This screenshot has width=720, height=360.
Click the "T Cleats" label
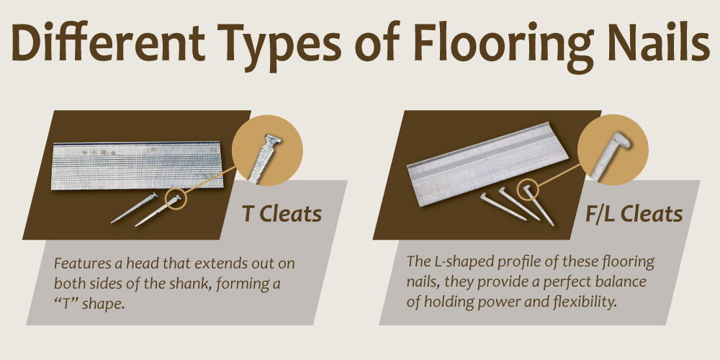click(x=282, y=214)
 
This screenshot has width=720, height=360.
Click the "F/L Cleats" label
click(x=632, y=215)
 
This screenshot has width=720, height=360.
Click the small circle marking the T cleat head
click(x=175, y=197)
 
